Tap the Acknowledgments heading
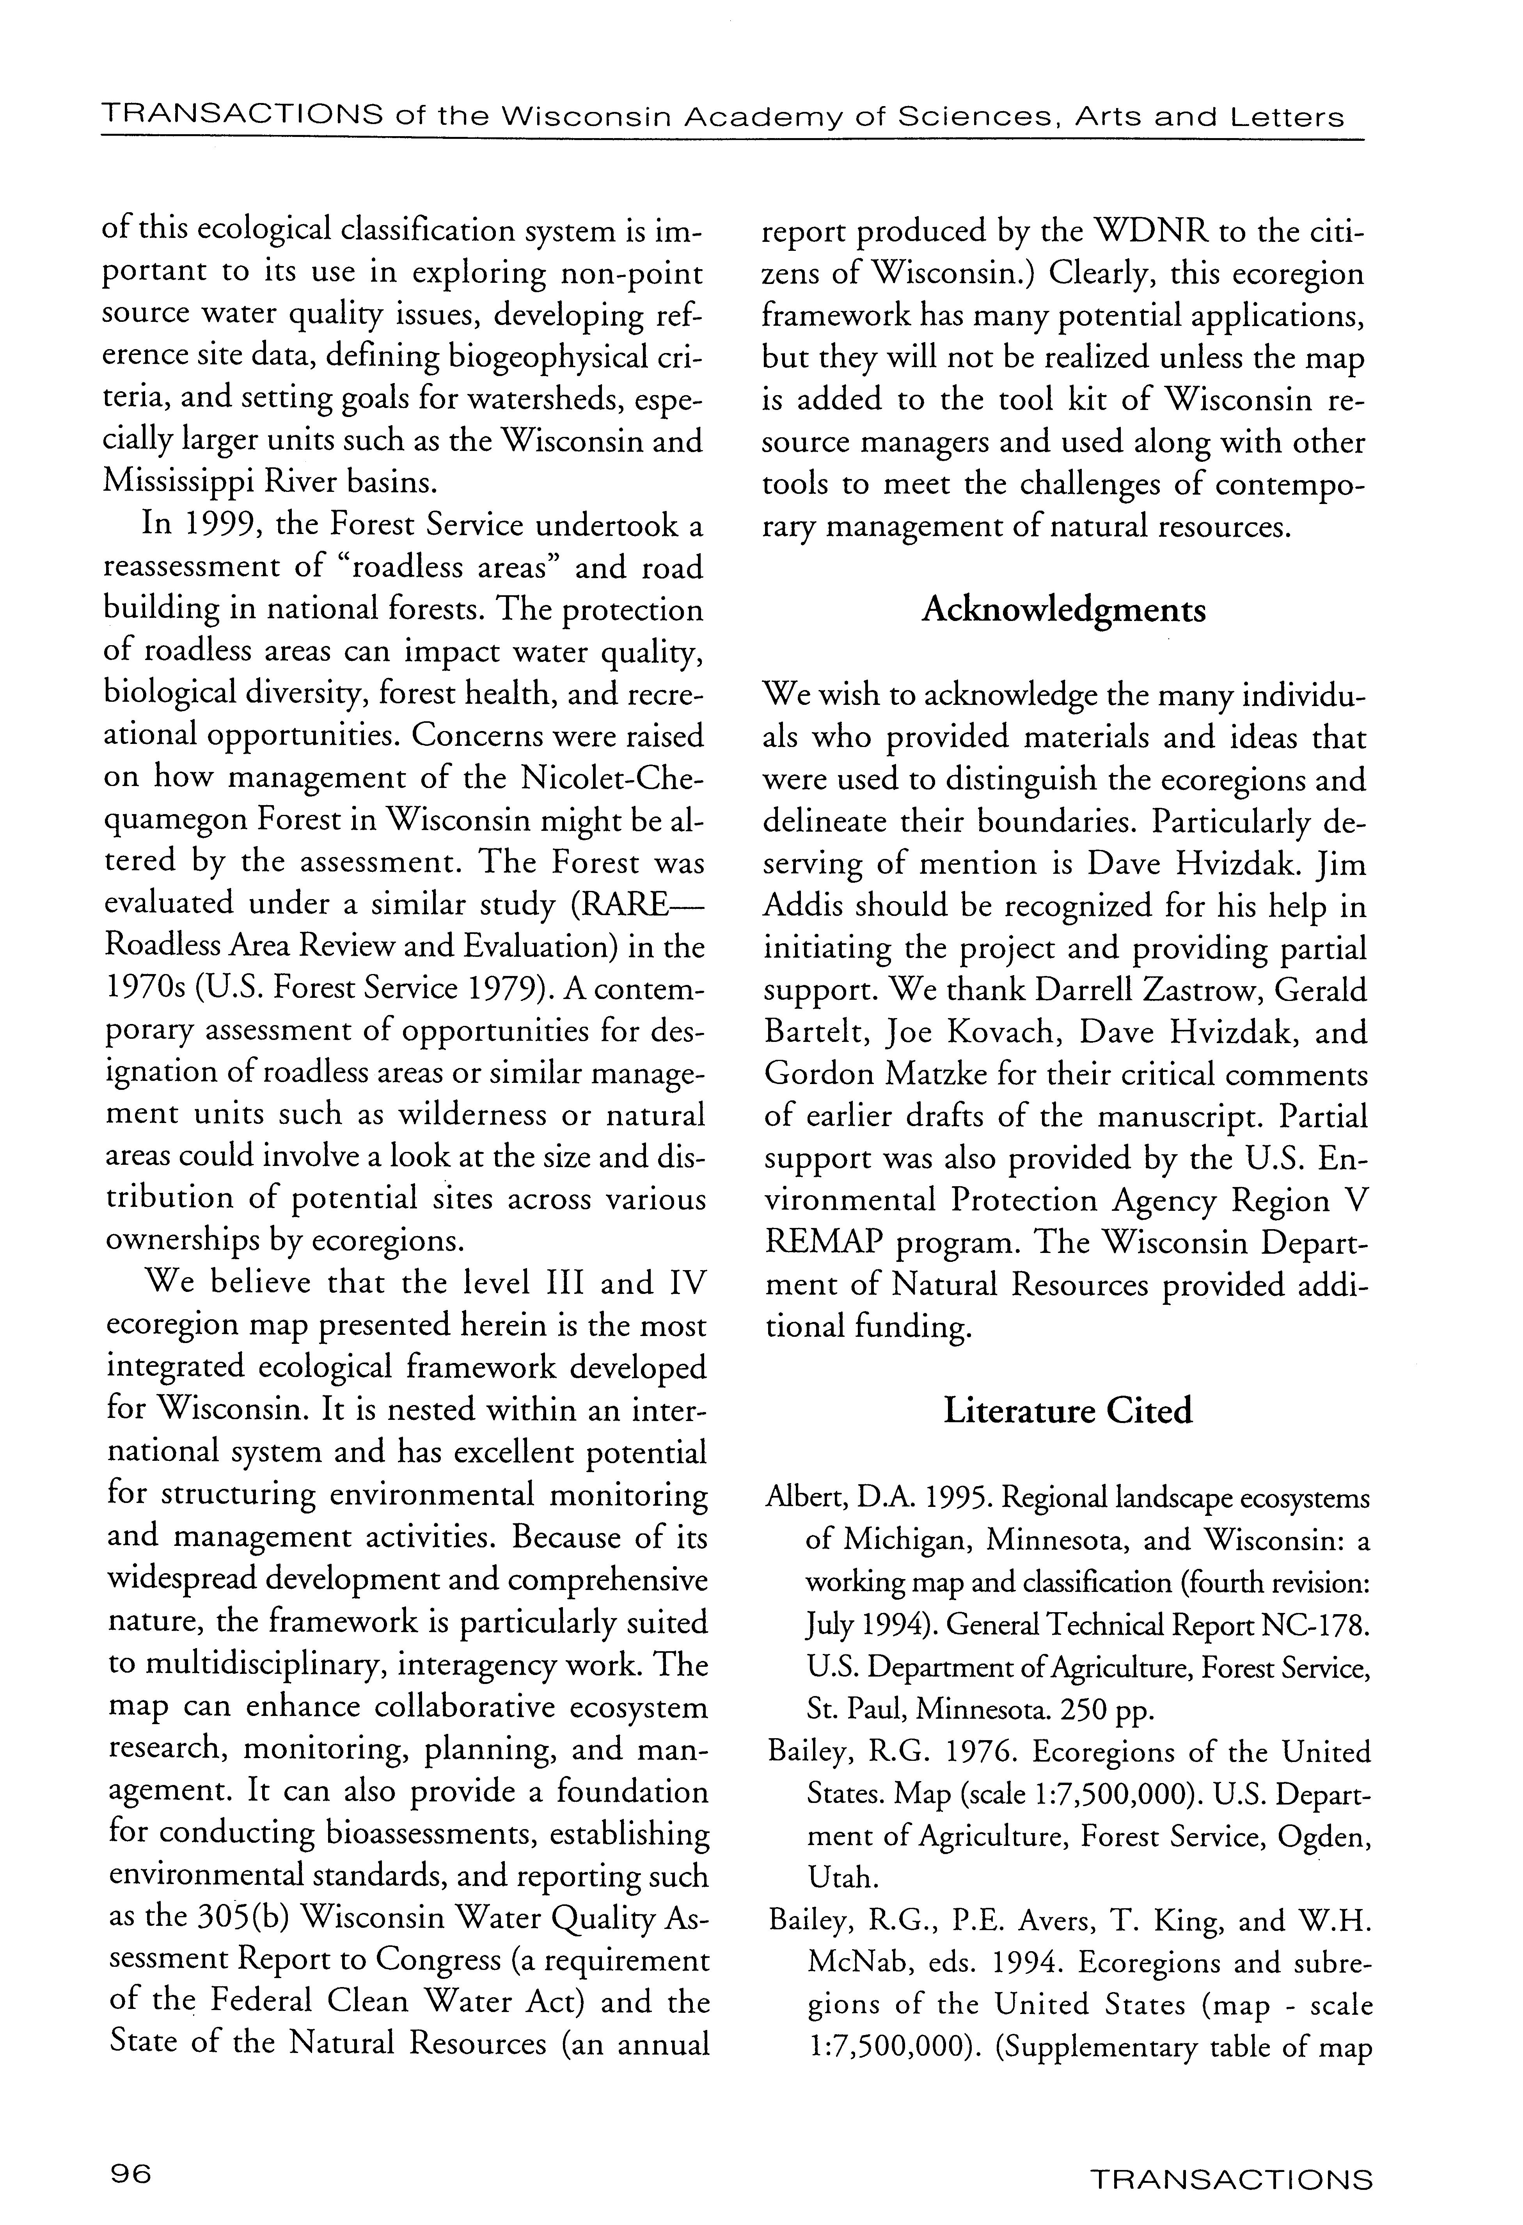pos(1063,611)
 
